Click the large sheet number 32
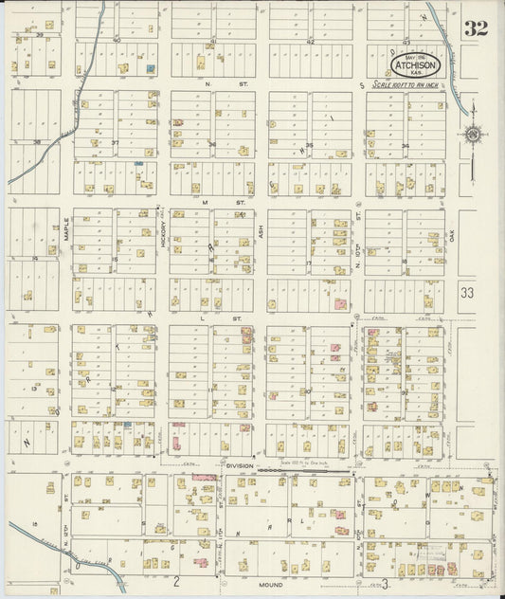(x=476, y=28)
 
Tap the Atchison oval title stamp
(x=417, y=64)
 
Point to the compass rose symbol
(x=472, y=134)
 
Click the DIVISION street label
(x=241, y=465)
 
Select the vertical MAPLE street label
(x=66, y=230)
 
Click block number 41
(x=214, y=42)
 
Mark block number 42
(x=310, y=42)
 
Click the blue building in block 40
(x=150, y=68)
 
